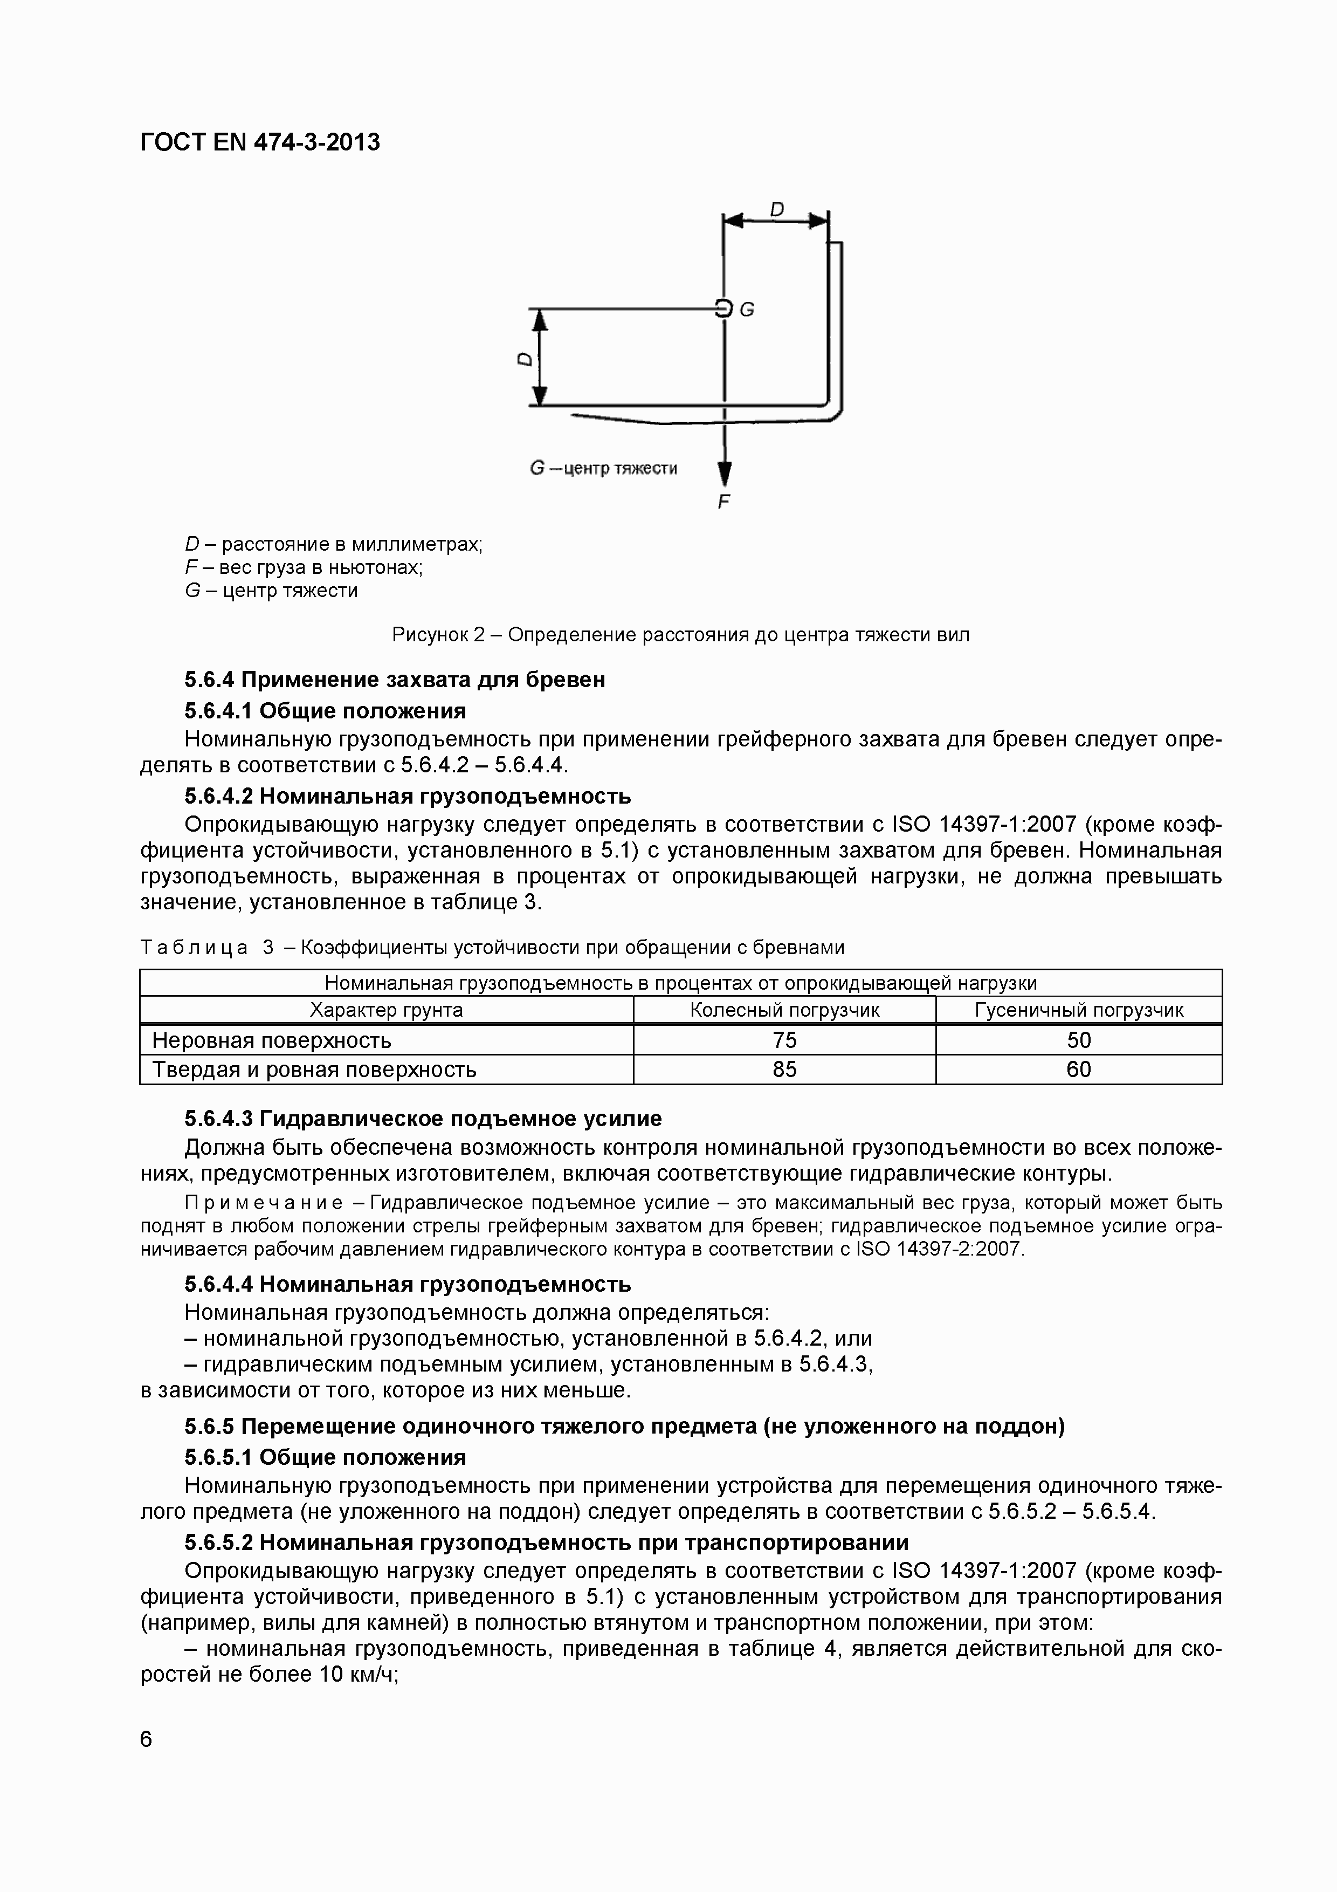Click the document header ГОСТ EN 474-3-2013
tap(260, 142)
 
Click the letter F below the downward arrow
tap(723, 502)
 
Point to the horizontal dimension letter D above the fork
tap(776, 211)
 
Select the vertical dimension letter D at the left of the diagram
tap(524, 359)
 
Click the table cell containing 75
tap(784, 1040)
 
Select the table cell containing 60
tap(1078, 1070)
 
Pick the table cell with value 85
tap(784, 1070)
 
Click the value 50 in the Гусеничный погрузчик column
tap(1078, 1040)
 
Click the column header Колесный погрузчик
tap(784, 1010)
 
